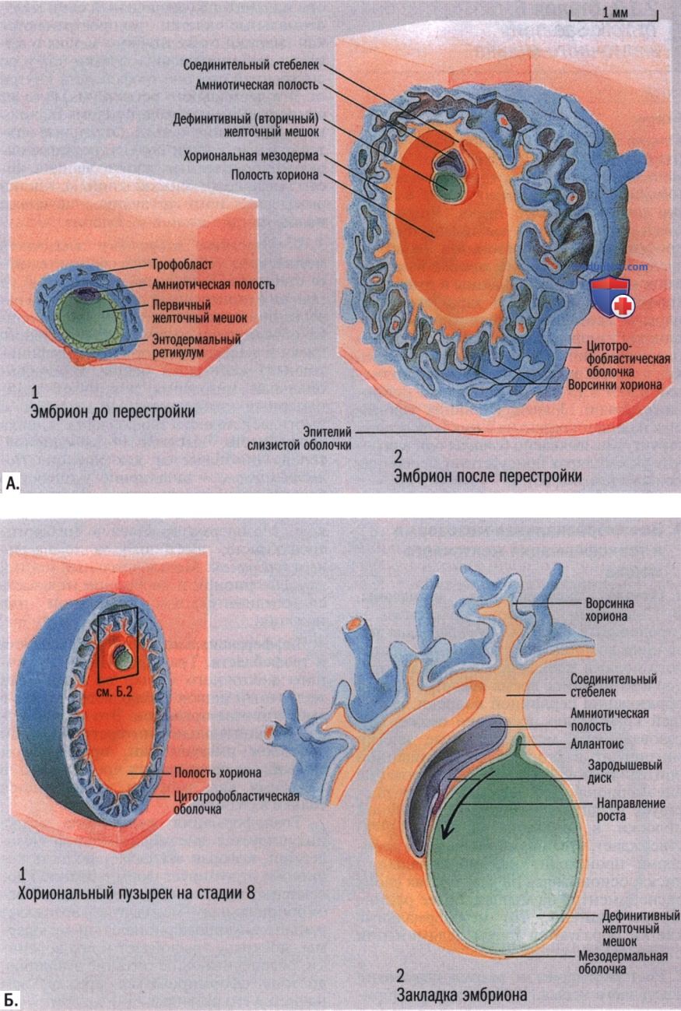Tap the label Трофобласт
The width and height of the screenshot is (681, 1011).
182,265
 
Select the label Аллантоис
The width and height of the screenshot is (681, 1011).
597,743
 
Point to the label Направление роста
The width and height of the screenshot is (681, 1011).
629,809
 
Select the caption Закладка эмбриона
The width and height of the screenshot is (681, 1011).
462,995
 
